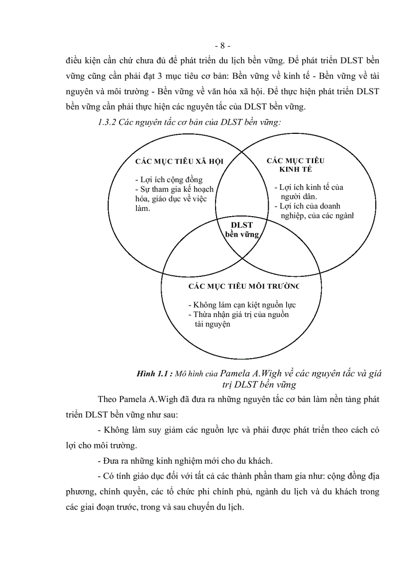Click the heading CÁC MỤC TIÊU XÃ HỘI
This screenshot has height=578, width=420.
click(x=179, y=161)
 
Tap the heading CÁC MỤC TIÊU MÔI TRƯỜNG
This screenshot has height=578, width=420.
click(x=243, y=286)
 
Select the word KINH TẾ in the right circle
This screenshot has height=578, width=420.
click(x=295, y=169)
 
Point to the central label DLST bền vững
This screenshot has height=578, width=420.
click(x=241, y=229)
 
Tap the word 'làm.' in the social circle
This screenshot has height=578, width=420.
click(x=143, y=208)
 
